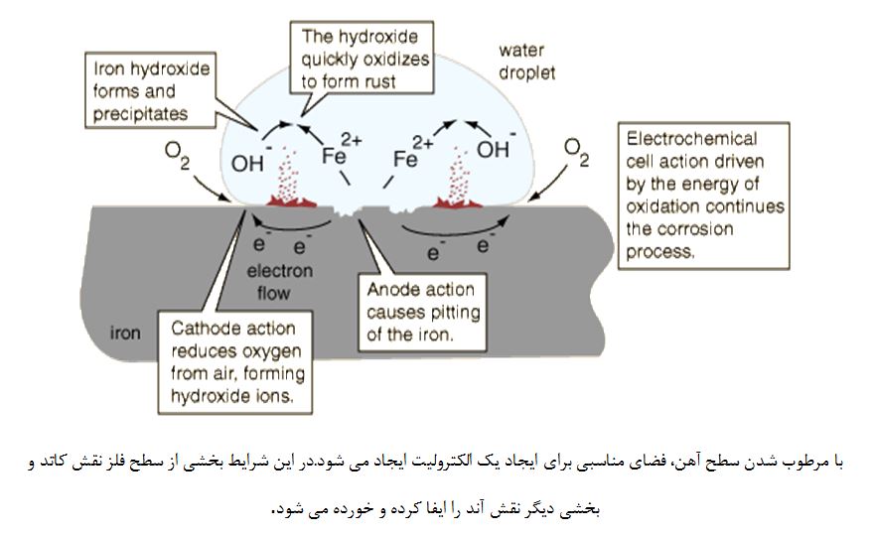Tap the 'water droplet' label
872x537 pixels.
coord(527,61)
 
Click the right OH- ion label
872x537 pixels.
coord(494,149)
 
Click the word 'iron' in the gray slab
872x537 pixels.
coord(125,334)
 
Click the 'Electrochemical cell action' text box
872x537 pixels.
coord(704,195)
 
